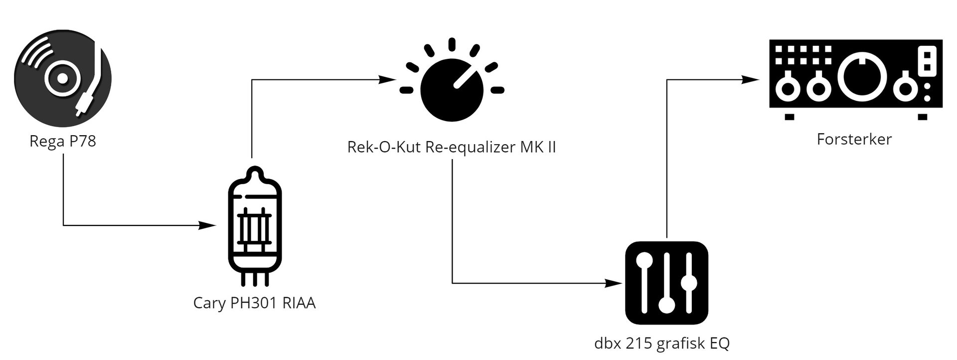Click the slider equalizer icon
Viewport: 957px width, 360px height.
pyautogui.click(x=666, y=283)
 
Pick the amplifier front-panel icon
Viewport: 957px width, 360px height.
pyautogui.click(x=855, y=79)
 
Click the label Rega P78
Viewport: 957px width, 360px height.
pyautogui.click(x=62, y=142)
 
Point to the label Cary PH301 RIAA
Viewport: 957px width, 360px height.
pyautogui.click(x=254, y=303)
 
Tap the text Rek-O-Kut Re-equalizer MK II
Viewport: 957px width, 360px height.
pyautogui.click(x=452, y=148)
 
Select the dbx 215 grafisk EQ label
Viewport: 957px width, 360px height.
pyautogui.click(x=662, y=344)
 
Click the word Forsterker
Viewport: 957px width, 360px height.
pyautogui.click(x=854, y=139)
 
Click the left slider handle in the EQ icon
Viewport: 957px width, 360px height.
pyautogui.click(x=644, y=260)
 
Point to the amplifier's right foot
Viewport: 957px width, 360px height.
pyautogui.click(x=922, y=117)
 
